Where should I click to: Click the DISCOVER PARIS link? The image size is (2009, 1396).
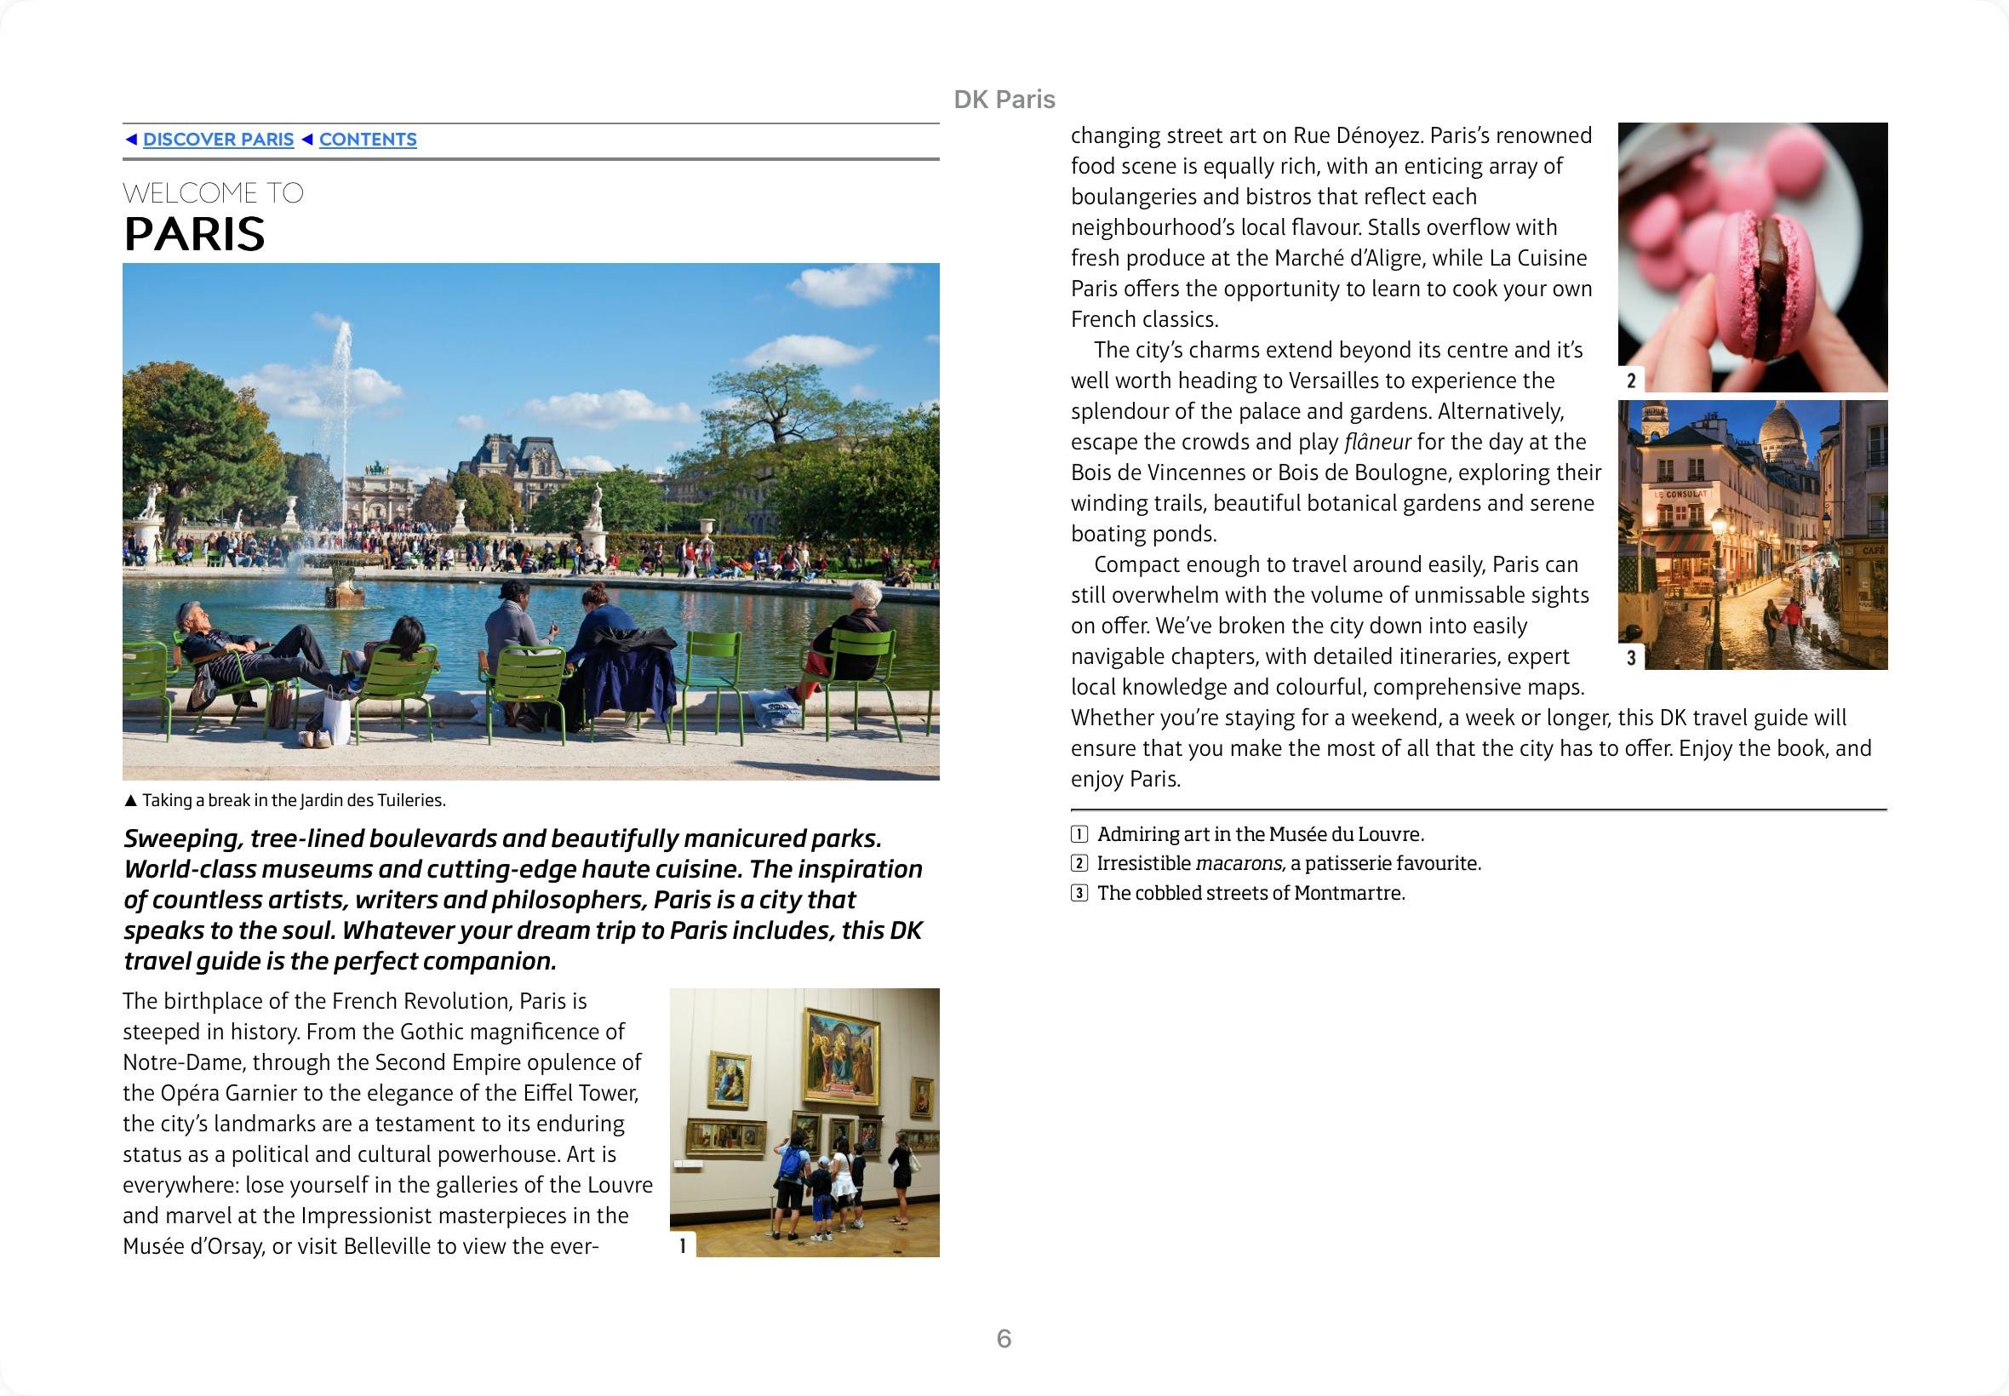(x=218, y=140)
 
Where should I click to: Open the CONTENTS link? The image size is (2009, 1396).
(x=368, y=140)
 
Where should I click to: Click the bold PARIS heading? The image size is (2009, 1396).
(x=194, y=234)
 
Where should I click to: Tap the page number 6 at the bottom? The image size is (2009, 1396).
(x=1004, y=1338)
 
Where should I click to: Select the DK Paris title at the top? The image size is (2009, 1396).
(x=1004, y=100)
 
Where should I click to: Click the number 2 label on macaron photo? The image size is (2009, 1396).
(x=1631, y=380)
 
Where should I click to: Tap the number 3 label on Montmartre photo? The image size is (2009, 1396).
(x=1631, y=658)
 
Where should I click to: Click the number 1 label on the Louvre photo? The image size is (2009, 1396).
(x=683, y=1244)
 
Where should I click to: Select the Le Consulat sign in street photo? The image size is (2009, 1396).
(x=1680, y=495)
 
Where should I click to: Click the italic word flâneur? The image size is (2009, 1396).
(x=1377, y=443)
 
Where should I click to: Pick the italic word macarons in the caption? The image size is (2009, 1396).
(x=1239, y=864)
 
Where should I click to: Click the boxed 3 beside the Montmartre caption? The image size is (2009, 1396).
(x=1080, y=893)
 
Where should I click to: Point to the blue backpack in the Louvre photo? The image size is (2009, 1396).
(x=791, y=1163)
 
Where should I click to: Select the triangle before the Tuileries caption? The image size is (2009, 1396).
(x=130, y=800)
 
